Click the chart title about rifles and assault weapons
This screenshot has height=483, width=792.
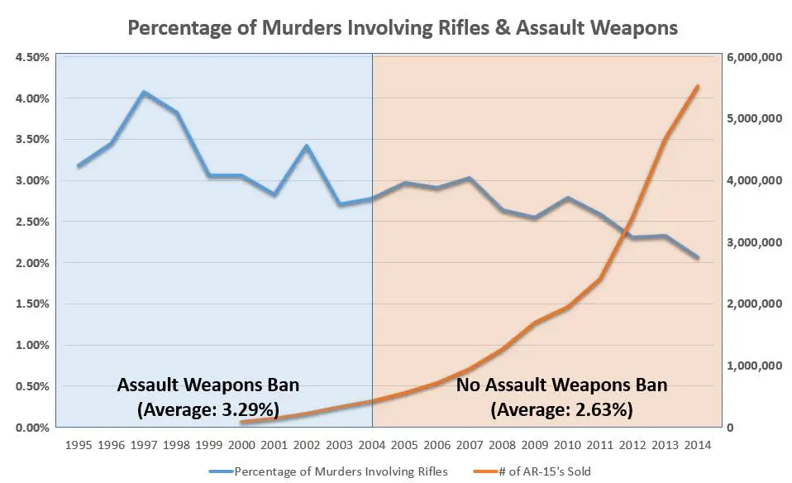click(403, 27)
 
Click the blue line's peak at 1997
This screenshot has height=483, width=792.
click(144, 92)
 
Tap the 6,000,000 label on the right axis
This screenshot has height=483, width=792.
click(752, 57)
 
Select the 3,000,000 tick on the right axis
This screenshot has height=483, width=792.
click(752, 242)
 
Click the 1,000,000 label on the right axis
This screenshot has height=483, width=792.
click(752, 366)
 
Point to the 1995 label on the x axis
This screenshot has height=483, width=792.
click(79, 444)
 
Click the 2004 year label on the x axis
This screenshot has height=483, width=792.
click(373, 444)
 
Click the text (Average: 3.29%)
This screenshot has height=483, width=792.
click(208, 409)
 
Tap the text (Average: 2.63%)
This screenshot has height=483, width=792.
click(562, 409)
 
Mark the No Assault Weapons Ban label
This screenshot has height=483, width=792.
click(562, 385)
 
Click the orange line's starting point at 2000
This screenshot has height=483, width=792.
click(242, 423)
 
